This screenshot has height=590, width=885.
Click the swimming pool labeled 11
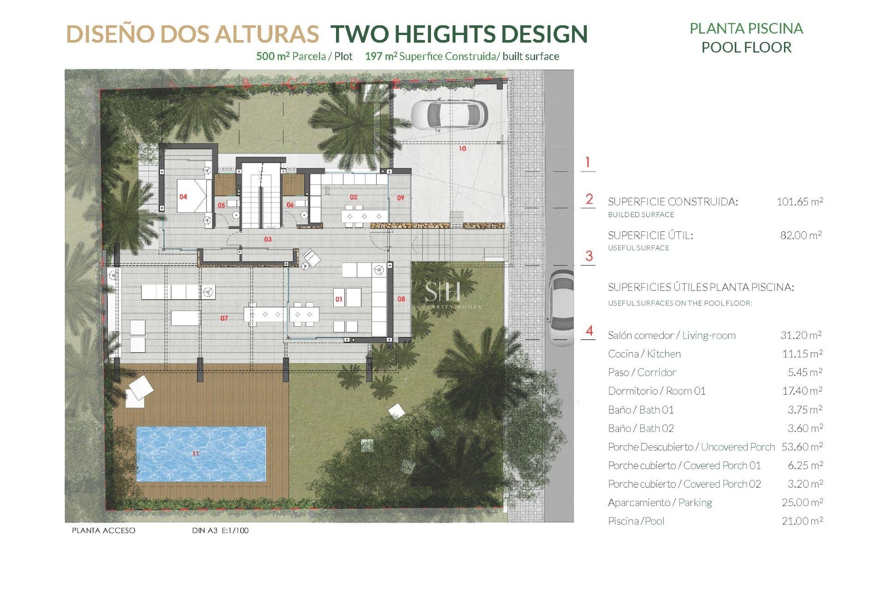(x=201, y=454)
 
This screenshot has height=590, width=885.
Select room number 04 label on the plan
(x=183, y=197)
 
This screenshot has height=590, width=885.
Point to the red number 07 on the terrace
(x=224, y=318)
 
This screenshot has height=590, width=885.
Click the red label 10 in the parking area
(x=462, y=148)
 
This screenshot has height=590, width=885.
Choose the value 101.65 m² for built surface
(x=800, y=201)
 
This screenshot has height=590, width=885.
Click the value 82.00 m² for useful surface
(x=801, y=235)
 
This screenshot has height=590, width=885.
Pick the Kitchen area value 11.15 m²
(x=802, y=354)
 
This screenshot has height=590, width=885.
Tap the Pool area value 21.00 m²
(x=802, y=521)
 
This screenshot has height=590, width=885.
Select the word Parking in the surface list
(x=695, y=502)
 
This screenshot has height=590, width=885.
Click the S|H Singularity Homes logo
(x=442, y=295)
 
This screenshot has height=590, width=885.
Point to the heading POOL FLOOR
(x=746, y=47)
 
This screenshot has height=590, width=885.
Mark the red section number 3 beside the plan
(x=589, y=256)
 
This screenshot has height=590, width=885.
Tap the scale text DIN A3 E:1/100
(x=220, y=531)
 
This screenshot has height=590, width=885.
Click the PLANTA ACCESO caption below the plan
(x=104, y=531)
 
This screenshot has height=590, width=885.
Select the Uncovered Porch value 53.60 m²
(x=802, y=447)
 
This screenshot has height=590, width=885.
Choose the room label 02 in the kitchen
(x=354, y=197)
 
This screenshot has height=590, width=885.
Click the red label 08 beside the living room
(x=401, y=299)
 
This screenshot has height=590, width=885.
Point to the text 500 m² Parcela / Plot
(x=304, y=56)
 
